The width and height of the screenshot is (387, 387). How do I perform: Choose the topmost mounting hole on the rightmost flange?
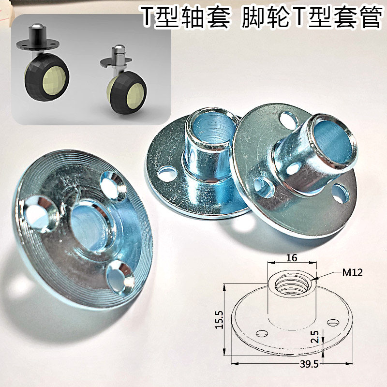point(287,119)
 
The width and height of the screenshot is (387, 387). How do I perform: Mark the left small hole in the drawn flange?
point(262,332)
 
